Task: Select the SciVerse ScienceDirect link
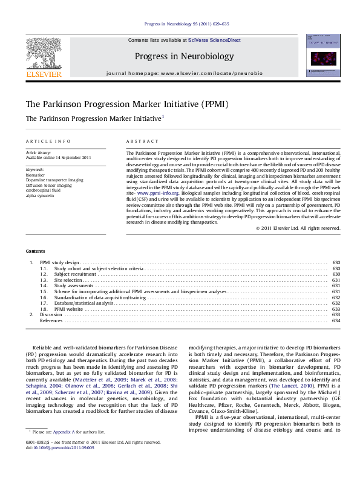tap(214, 40)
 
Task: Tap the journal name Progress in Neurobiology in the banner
tap(184, 56)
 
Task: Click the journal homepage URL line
tap(184, 73)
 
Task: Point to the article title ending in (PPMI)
tap(126, 104)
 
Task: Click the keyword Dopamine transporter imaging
tap(54, 180)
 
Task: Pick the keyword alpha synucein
tap(43, 196)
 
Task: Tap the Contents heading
tap(35, 251)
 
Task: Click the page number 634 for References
tap(336, 320)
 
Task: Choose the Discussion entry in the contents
tap(51, 314)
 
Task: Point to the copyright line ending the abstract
tap(298, 228)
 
